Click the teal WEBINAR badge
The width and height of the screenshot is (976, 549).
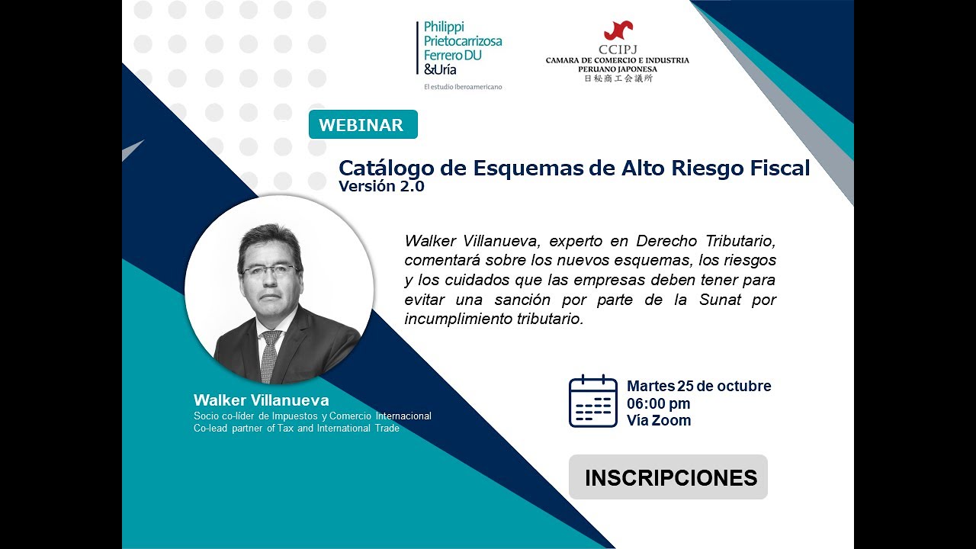(x=362, y=125)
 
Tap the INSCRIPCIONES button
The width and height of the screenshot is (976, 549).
(x=669, y=477)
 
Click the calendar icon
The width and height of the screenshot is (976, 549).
(x=592, y=401)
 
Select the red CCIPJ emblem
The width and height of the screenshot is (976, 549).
(x=618, y=31)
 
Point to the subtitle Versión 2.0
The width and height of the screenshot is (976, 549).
(x=381, y=187)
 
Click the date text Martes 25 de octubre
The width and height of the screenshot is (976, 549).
(x=698, y=386)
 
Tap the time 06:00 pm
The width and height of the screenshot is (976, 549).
(x=658, y=403)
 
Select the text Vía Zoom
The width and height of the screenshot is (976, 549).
(x=658, y=420)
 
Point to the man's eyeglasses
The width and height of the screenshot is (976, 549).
(x=269, y=270)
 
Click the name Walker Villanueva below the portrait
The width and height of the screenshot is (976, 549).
(x=261, y=400)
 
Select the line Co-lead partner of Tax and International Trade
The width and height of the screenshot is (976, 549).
(x=297, y=428)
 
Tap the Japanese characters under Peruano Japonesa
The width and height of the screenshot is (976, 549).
(x=618, y=78)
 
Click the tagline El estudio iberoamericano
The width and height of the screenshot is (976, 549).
(x=462, y=87)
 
